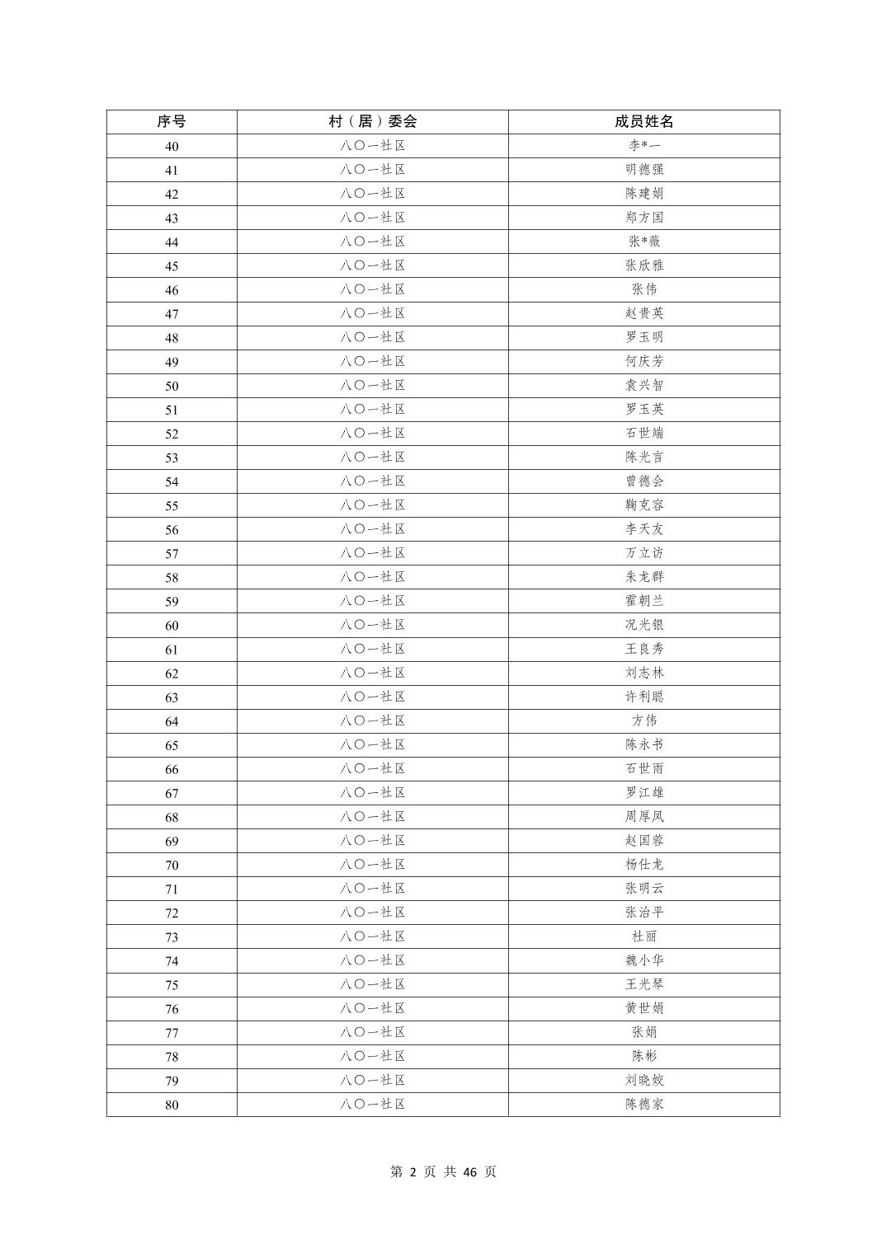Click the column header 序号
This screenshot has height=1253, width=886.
point(172,122)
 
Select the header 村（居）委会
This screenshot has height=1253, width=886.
point(373,122)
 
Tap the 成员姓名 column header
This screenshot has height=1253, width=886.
point(644,122)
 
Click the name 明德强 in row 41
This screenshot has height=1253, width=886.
point(644,170)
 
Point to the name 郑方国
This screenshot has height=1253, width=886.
point(644,218)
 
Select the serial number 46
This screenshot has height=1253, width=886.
point(172,290)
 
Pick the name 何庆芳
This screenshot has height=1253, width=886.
point(644,361)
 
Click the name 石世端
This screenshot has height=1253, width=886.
point(644,433)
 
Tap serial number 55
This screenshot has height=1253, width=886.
point(172,506)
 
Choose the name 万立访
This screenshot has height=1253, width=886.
point(644,553)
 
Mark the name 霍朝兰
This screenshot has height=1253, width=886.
point(644,601)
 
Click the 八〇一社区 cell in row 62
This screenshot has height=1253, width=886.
point(373,673)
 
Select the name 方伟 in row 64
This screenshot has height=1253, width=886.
point(644,720)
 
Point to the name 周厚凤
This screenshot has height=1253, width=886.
point(644,816)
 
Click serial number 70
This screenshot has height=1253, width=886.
point(172,866)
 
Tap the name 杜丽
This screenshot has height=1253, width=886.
point(644,936)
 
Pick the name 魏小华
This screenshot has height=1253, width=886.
point(644,960)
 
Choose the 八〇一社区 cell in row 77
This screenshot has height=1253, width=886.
point(373,1032)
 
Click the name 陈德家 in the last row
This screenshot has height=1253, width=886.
point(644,1104)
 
